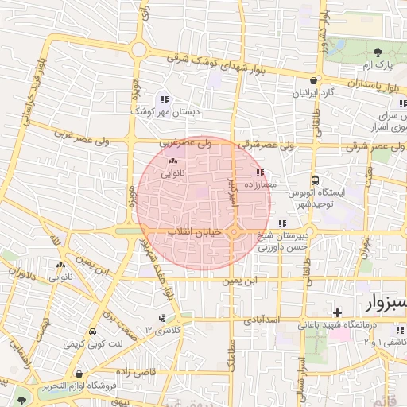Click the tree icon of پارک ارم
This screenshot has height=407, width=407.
tap(377, 51)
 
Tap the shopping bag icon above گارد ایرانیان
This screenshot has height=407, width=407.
tap(316, 81)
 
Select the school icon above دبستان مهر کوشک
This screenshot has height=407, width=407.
tap(164, 99)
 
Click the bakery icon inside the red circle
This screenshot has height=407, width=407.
tap(172, 161)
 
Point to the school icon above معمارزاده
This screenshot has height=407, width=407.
tap(259, 172)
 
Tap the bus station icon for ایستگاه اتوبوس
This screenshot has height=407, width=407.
tap(315, 181)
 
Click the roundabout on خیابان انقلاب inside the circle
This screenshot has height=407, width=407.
tap(235, 231)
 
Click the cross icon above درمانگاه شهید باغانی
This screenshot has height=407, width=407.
tap(337, 312)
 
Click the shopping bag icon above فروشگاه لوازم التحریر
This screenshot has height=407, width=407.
tap(79, 374)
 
